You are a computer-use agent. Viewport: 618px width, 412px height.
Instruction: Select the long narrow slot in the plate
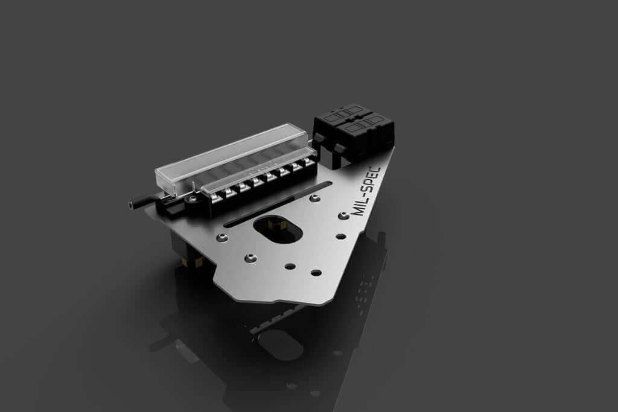tap(278, 204)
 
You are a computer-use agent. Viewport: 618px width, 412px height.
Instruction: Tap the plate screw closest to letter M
tap(343, 215)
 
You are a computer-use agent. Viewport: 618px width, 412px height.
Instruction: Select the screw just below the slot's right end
tap(314, 197)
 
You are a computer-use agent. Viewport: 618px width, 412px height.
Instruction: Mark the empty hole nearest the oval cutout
tap(290, 266)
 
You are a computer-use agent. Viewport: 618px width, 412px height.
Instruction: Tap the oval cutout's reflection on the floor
tap(281, 346)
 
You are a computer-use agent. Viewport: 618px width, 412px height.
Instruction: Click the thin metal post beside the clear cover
tap(191, 186)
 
